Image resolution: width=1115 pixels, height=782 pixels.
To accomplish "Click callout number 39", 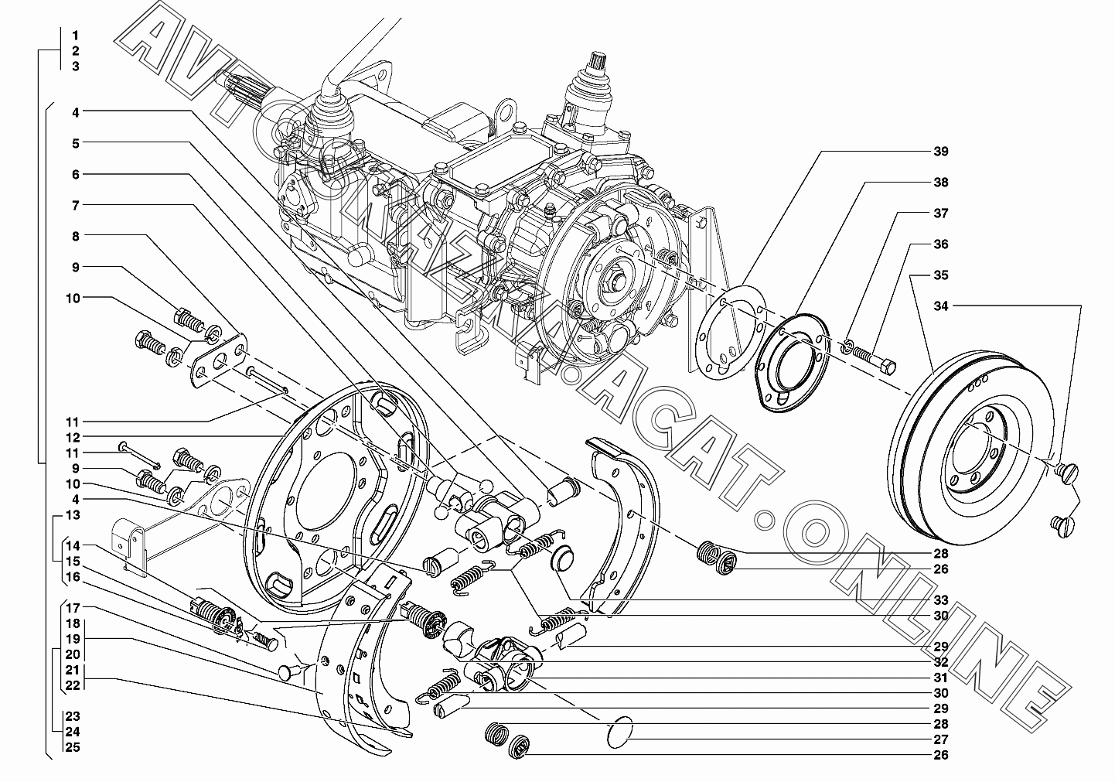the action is tap(941, 152).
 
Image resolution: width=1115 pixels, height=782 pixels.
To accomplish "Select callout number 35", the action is tap(941, 275).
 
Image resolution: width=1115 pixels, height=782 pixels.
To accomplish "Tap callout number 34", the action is tap(941, 306).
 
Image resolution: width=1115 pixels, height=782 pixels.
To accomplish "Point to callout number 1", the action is tap(76, 36).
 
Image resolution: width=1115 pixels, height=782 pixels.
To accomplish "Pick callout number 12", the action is tap(73, 437).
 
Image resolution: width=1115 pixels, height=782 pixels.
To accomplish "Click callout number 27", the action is tap(941, 739).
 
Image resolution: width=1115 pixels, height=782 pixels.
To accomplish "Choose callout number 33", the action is tap(941, 599).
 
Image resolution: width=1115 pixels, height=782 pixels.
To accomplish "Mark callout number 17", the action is tap(73, 608).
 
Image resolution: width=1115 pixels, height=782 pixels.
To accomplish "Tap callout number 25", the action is tap(73, 747).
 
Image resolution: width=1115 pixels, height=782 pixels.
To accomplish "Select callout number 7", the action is tap(76, 205).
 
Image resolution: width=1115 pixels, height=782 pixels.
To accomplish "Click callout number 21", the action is tap(73, 670).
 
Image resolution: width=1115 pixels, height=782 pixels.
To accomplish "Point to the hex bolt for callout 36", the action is tap(875, 360).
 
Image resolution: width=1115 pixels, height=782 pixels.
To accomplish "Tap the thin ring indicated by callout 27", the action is tap(621, 732).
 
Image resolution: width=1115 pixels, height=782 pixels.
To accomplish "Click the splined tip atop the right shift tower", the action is tap(597, 63).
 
